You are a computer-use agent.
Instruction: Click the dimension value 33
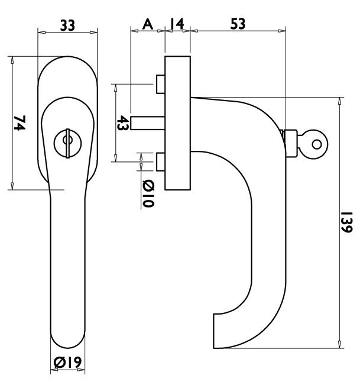pyautogui.click(x=67, y=25)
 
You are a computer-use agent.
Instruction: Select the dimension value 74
pyautogui.click(x=19, y=123)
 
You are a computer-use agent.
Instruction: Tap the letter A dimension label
pyautogui.click(x=148, y=24)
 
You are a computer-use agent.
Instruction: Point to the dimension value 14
pyautogui.click(x=177, y=24)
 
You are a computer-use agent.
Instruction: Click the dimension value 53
pyautogui.click(x=238, y=24)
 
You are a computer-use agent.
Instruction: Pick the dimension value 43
pyautogui.click(x=122, y=123)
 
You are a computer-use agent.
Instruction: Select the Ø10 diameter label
pyautogui.click(x=148, y=194)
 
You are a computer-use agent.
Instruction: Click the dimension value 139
pyautogui.click(x=347, y=222)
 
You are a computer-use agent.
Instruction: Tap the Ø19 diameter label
pyautogui.click(x=67, y=363)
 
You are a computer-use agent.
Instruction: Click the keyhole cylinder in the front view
pyautogui.click(x=67, y=143)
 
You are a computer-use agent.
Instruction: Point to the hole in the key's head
pyautogui.click(x=317, y=144)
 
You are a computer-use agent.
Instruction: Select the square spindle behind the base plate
pyautogui.click(x=147, y=123)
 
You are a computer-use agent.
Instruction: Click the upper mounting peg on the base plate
pyautogui.click(x=161, y=84)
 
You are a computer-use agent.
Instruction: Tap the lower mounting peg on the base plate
pyautogui.click(x=161, y=162)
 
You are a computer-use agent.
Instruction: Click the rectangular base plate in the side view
pyautogui.click(x=178, y=123)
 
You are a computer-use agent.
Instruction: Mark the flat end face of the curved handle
pyautogui.click(x=214, y=331)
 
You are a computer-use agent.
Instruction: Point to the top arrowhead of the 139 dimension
pyautogui.click(x=339, y=101)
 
